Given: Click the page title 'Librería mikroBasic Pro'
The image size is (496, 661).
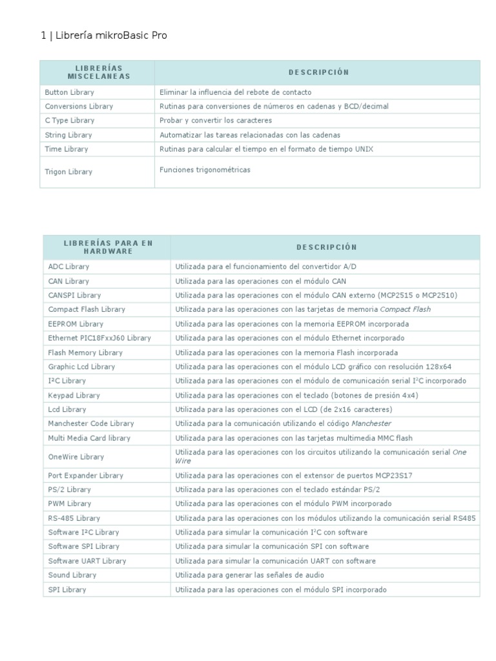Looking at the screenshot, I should [111, 36].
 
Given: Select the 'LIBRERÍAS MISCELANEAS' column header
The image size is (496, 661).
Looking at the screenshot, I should [98, 72].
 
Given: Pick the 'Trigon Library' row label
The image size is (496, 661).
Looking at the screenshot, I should [68, 172].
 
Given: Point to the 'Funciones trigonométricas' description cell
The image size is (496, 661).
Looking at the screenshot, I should [205, 170].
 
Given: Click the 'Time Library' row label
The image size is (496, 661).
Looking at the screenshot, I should [67, 149].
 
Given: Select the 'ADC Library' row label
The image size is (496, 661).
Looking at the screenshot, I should [68, 266].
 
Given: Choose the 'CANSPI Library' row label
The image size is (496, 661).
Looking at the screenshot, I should [74, 295].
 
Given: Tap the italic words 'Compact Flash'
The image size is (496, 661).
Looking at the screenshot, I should [406, 309].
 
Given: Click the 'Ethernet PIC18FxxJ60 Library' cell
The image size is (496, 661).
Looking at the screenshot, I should [99, 338].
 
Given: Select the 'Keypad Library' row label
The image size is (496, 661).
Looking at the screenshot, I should [74, 395].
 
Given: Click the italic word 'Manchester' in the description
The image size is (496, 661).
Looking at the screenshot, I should [371, 423].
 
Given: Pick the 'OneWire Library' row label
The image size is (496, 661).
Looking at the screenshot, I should [76, 456].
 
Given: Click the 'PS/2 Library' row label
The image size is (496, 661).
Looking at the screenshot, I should [69, 489].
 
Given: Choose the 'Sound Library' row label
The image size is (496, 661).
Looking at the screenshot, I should [72, 575].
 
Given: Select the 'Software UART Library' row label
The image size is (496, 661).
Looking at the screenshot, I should [87, 561].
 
